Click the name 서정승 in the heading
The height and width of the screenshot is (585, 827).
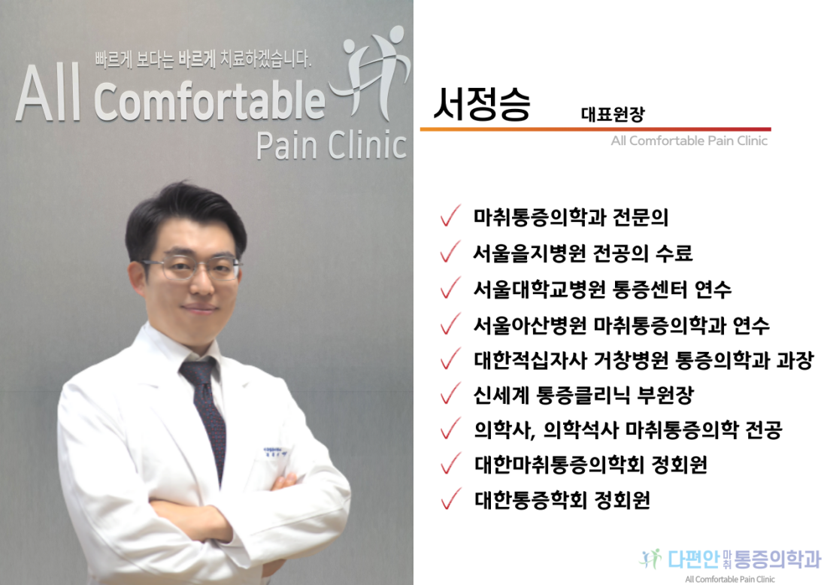pos(481,105)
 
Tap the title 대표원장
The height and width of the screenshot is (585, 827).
pos(612,114)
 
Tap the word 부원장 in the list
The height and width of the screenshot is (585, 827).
pos(665,395)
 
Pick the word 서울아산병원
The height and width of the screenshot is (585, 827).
pos(530,325)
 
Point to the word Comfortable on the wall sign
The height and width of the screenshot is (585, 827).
pos(210,101)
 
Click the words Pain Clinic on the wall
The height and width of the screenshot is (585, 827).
pos(332,145)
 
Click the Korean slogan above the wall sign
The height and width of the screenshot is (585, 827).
pos(203,59)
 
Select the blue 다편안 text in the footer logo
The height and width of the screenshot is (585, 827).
pos(693,559)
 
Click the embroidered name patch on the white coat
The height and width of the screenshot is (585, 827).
pos(274,452)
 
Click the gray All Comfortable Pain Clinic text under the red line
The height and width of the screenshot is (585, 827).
pos(689,141)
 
